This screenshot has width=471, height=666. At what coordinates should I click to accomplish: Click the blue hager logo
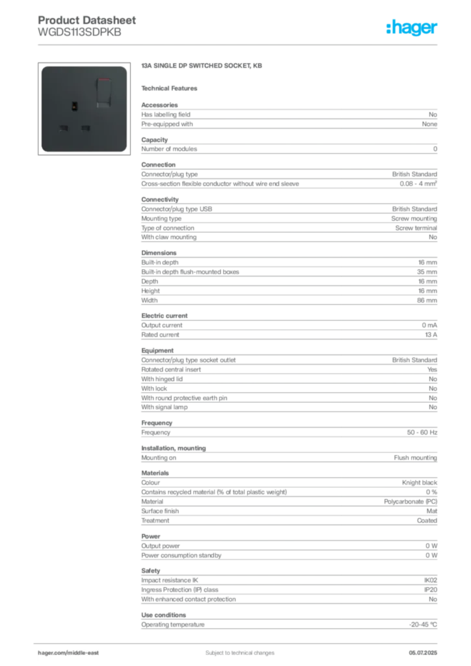pos(413,29)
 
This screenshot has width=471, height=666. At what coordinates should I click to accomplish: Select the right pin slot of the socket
pos(85,127)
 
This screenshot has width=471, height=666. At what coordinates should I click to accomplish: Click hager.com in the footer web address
pos(51,652)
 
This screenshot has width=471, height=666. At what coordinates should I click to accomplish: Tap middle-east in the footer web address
pos(84,652)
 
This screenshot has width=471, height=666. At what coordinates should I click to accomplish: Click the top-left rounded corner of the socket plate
pos(45,68)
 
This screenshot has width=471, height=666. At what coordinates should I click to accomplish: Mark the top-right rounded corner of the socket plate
pos(124,68)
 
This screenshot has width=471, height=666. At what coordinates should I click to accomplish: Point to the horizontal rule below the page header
pos(239,44)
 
